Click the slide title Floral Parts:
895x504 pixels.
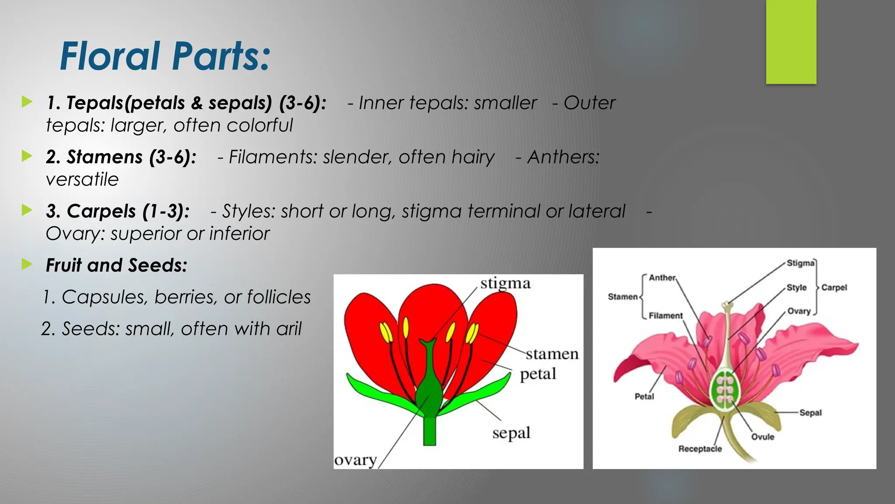(x=165, y=56)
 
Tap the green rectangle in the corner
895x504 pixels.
(x=791, y=42)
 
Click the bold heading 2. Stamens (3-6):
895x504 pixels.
(x=121, y=157)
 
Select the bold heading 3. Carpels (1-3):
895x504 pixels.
(x=118, y=211)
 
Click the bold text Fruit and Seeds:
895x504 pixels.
(x=116, y=266)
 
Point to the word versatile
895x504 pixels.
(x=82, y=179)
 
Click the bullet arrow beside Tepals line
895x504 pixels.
(x=27, y=102)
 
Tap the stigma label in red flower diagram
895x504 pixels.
(x=505, y=283)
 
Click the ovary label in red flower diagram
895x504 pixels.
(x=355, y=460)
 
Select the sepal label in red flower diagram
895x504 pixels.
(x=511, y=433)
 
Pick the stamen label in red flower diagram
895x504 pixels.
(x=552, y=353)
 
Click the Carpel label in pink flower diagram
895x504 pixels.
(x=834, y=287)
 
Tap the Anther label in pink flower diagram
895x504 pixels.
(x=662, y=278)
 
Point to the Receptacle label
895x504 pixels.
(x=700, y=449)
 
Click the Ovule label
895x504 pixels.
(x=763, y=437)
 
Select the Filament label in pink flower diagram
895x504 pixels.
(x=665, y=315)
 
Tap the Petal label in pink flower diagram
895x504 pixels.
(x=644, y=396)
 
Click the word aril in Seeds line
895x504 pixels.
(x=288, y=329)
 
